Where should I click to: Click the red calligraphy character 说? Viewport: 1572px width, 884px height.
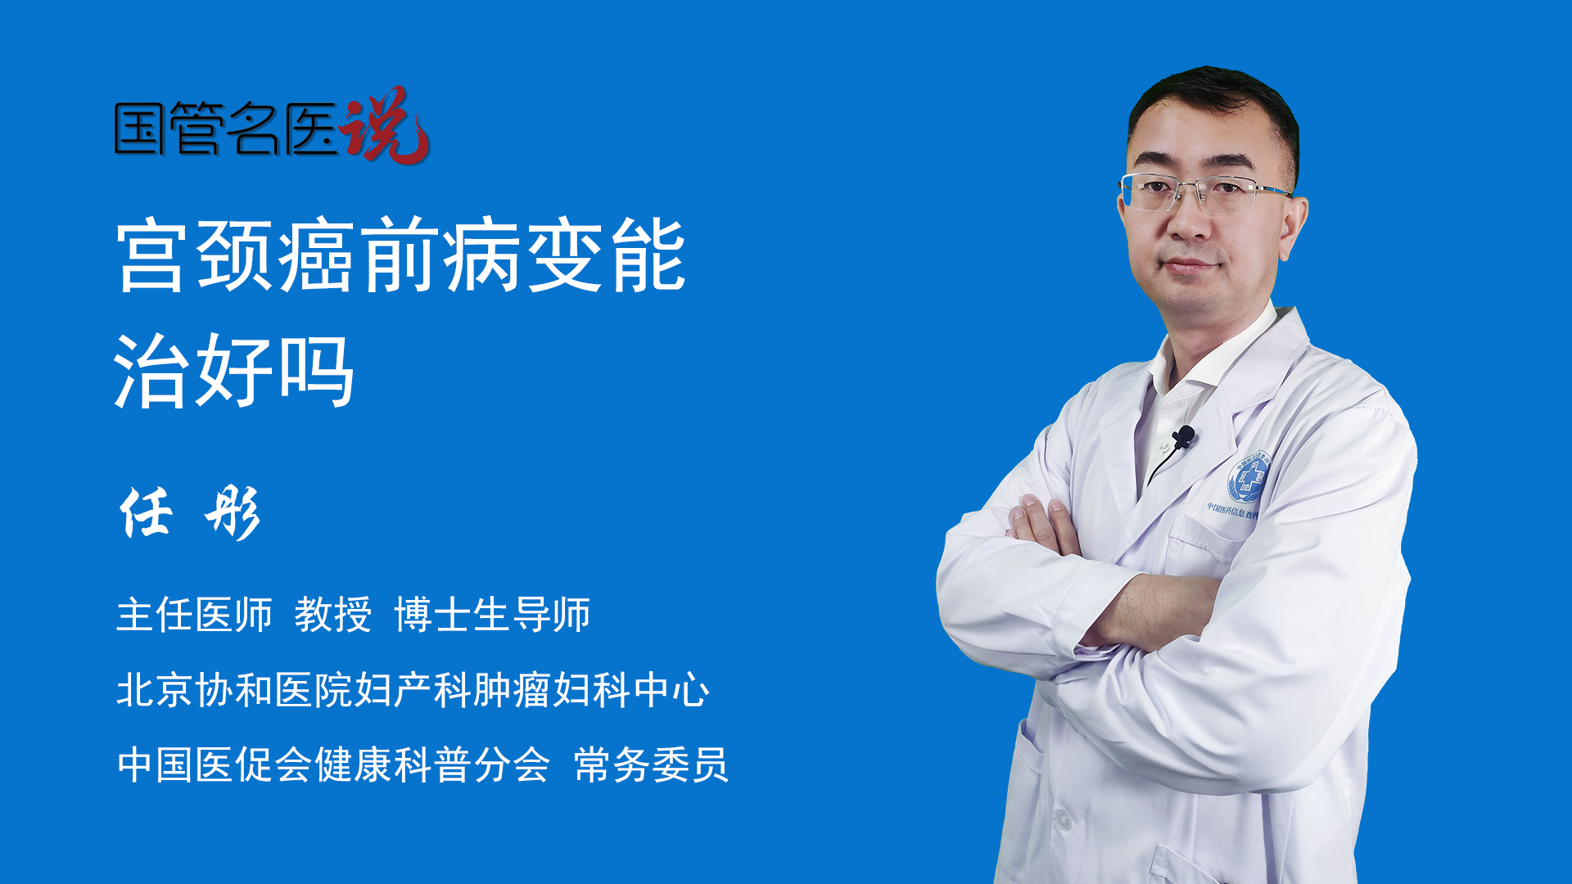(385, 125)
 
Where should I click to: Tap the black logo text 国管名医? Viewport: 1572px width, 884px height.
(226, 129)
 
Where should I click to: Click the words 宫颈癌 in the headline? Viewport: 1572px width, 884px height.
(237, 255)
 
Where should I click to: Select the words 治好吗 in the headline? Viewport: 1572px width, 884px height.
(234, 371)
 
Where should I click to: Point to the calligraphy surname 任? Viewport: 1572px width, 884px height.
(146, 512)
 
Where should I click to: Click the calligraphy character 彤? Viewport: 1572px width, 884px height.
(233, 513)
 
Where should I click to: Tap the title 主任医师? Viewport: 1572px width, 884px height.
(194, 615)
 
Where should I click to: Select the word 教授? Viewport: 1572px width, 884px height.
(333, 615)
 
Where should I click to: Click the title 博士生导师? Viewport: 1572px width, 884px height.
(492, 615)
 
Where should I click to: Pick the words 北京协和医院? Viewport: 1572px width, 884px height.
(234, 690)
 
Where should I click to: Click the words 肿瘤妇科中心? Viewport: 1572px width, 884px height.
(591, 690)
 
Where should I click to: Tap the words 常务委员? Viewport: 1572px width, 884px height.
(651, 765)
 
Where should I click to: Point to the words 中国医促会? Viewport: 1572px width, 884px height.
(215, 765)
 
